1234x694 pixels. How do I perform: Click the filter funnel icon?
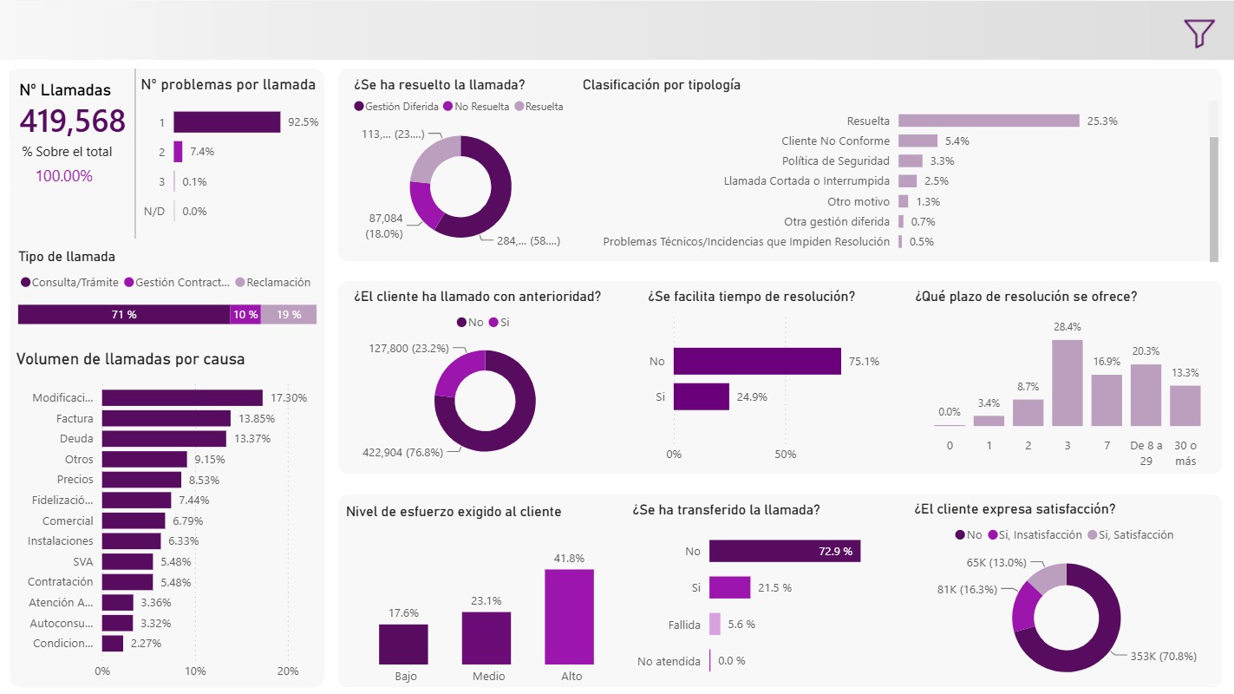1198,33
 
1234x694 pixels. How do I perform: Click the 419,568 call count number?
72,121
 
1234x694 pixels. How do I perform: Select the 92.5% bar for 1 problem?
227,121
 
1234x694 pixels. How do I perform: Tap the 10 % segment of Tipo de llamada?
245,314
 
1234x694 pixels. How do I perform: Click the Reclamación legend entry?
273,282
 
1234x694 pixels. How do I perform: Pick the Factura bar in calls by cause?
166,418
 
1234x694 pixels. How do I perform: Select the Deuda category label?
76,439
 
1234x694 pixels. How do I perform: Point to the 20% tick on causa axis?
288,671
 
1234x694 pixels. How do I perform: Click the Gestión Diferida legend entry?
396,107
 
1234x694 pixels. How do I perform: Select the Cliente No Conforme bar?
917,141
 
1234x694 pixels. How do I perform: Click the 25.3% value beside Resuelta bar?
1102,121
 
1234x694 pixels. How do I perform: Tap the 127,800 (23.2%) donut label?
408,349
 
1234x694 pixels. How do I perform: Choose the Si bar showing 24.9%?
702,397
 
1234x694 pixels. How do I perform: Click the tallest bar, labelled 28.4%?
1068,383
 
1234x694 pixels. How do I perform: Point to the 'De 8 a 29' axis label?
1146,453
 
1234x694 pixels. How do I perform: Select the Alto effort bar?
569,617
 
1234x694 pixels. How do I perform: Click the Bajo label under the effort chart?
406,677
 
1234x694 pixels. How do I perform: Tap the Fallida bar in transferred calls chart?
715,625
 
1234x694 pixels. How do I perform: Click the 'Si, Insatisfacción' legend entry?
1035,534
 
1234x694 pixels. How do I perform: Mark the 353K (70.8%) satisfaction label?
1164,657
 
